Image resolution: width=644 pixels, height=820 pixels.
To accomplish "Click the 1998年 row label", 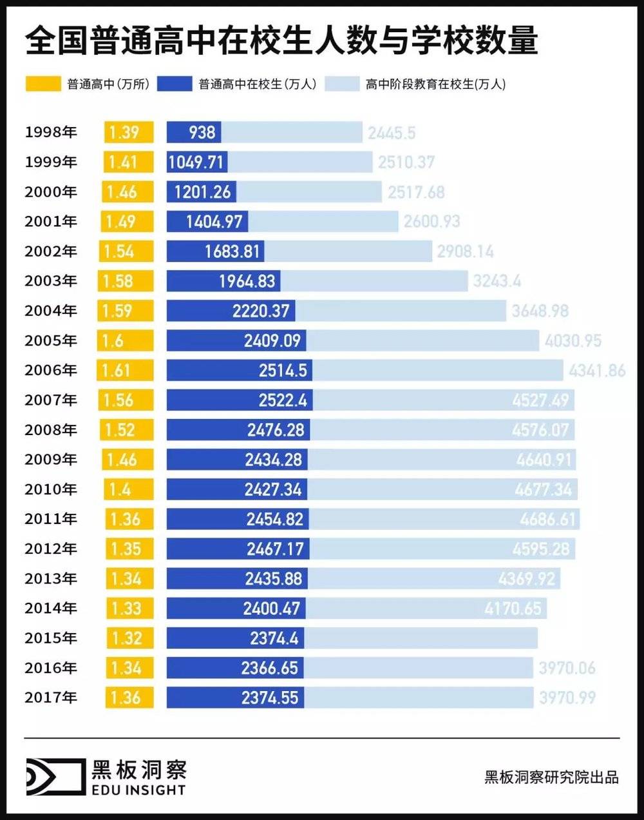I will tap(51, 132).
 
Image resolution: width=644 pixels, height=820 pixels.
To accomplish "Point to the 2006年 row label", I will tap(51, 370).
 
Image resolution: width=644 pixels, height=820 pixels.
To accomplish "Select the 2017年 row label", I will tap(51, 697).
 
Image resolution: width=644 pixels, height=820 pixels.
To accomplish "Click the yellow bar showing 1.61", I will tap(126, 370).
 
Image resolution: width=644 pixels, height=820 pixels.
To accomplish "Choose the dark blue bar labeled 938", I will tap(194, 132).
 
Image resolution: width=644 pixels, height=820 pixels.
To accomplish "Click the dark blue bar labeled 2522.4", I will tap(238, 400).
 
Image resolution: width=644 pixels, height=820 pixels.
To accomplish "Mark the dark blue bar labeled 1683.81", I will tap(215, 251).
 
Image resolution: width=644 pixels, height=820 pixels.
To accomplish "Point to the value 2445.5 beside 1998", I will tap(392, 133).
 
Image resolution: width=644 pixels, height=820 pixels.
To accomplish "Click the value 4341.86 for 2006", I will tap(597, 371).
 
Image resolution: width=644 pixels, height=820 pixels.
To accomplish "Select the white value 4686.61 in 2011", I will tap(548, 519).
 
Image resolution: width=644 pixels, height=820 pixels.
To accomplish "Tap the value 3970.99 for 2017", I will tap(567, 698).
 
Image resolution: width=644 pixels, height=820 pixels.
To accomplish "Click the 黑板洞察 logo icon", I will tap(55, 776).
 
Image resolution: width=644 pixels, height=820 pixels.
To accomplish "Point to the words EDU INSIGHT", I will tap(138, 790).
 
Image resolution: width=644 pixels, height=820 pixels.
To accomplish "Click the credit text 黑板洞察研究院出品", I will tap(551, 777).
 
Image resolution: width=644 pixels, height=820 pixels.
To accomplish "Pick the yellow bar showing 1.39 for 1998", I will tap(129, 132).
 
